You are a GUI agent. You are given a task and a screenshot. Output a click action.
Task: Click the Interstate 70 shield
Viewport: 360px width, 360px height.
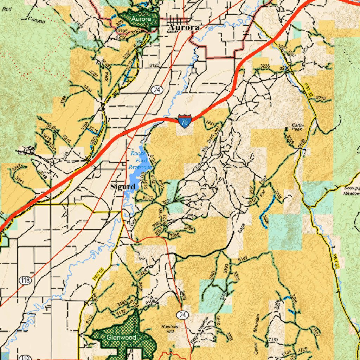pyautogui.click(x=185, y=121)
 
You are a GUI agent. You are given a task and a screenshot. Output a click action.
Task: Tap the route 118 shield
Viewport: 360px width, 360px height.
pyautogui.click(x=25, y=280)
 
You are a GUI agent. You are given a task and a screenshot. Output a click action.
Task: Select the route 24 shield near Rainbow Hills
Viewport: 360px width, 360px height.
pyautogui.click(x=182, y=315)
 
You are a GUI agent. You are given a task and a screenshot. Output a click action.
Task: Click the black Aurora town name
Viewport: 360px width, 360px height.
pyautogui.click(x=184, y=27)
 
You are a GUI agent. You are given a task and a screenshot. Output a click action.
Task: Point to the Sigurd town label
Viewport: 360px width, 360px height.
pyautogui.click(x=123, y=187)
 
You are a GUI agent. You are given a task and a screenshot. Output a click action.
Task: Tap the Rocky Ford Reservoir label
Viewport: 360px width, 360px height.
pyautogui.click(x=139, y=160)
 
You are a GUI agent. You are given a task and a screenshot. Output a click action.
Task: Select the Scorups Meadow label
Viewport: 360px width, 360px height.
pyautogui.click(x=352, y=191)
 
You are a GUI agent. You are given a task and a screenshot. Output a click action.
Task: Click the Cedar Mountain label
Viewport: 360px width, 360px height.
pyautogui.click(x=257, y=333)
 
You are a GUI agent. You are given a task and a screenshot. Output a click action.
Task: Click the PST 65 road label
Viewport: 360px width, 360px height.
pyautogui.click(x=98, y=274)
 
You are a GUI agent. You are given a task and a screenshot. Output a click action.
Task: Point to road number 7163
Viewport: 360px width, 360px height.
pyautogui.click(x=273, y=340)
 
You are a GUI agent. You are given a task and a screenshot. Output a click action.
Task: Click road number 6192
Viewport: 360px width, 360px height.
pyautogui.click(x=243, y=259)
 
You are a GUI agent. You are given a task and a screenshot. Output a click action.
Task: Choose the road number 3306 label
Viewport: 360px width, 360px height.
pyautogui.click(x=265, y=220)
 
